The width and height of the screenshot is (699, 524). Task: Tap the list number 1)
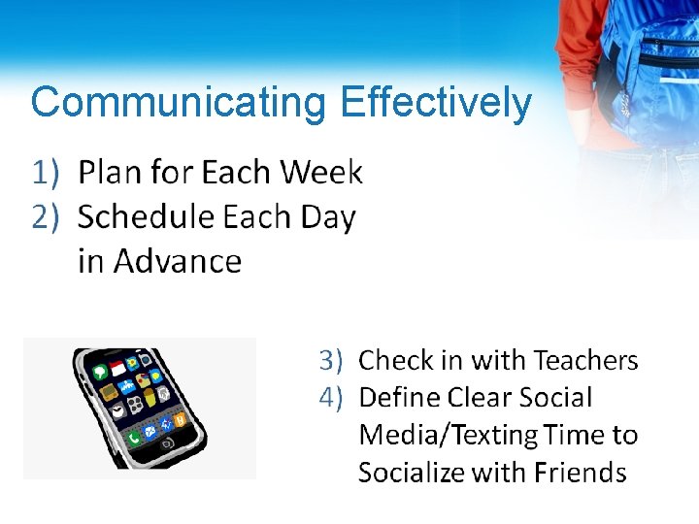47,173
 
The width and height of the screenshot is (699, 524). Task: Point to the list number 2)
47,216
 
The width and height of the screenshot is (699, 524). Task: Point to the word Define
399,398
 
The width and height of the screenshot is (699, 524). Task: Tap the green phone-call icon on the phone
133,438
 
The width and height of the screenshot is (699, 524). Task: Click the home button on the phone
167,444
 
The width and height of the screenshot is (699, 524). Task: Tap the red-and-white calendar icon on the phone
117,369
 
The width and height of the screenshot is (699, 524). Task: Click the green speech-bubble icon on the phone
99,372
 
